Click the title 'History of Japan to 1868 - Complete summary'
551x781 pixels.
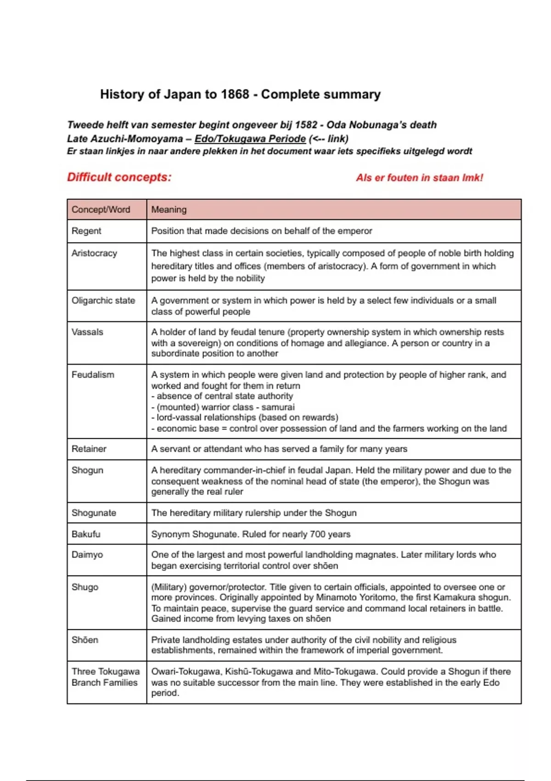click(x=240, y=94)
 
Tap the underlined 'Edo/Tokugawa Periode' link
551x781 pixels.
click(x=250, y=138)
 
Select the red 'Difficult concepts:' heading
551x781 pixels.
click(x=119, y=177)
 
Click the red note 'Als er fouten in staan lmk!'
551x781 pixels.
click(x=419, y=178)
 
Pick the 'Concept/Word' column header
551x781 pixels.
click(x=101, y=209)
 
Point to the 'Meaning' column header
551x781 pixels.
click(x=169, y=209)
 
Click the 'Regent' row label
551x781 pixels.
click(x=86, y=231)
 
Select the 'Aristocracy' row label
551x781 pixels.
click(x=94, y=253)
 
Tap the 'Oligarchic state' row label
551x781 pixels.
click(x=103, y=300)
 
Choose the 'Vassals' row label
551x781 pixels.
click(x=87, y=332)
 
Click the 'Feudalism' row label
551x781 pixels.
click(x=93, y=374)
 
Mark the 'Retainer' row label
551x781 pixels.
click(x=89, y=449)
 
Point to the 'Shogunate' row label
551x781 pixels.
click(x=94, y=513)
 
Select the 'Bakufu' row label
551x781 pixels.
click(x=85, y=534)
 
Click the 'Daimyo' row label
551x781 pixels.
click(x=87, y=555)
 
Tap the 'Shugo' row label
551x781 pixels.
click(x=84, y=587)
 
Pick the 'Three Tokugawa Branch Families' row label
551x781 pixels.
click(x=105, y=677)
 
